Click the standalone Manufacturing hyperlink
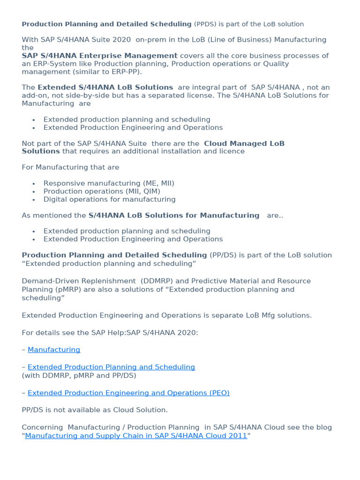click(x=54, y=350)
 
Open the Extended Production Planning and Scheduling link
click(x=111, y=367)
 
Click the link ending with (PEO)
click(x=128, y=393)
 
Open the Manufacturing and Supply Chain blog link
click(x=136, y=435)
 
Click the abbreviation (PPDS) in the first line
click(x=206, y=24)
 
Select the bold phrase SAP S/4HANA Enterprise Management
click(x=99, y=56)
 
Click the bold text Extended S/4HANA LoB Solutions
click(x=105, y=87)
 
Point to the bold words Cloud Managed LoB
click(x=244, y=143)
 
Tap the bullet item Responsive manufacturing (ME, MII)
click(x=109, y=183)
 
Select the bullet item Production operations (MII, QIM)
click(x=102, y=191)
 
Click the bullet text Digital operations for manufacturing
click(x=109, y=199)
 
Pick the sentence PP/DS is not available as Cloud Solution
click(x=95, y=410)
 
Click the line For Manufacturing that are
click(x=70, y=167)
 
